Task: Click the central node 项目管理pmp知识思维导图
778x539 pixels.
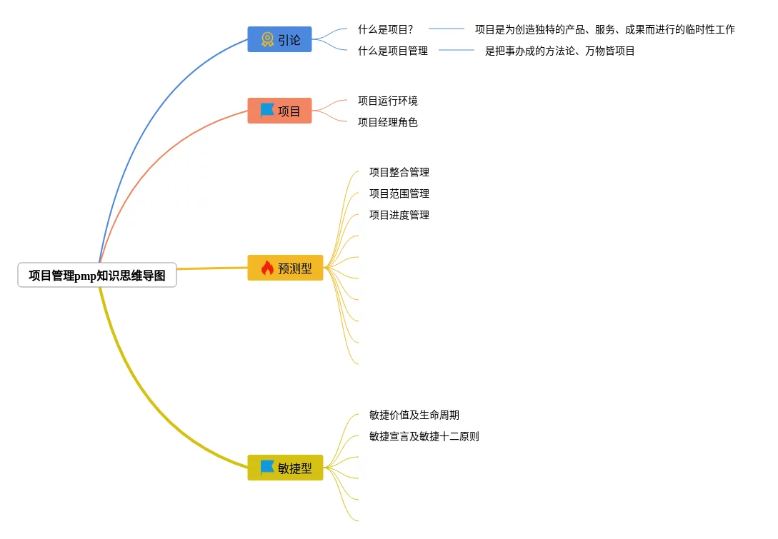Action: point(97,276)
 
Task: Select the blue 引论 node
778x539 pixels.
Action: point(279,39)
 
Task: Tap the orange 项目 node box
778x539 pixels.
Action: point(279,111)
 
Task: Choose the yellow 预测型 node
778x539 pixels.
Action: point(285,268)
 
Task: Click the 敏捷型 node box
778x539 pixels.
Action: point(285,468)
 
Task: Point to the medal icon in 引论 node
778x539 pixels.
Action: point(267,39)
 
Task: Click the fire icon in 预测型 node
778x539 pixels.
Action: point(267,268)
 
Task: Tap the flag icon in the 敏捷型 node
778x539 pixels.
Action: point(267,467)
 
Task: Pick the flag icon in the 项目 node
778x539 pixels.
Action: point(267,110)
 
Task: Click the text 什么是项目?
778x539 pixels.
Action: point(386,29)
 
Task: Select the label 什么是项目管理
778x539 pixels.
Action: point(393,51)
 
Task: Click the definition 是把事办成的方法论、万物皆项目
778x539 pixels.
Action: point(560,51)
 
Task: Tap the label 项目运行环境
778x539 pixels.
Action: point(388,101)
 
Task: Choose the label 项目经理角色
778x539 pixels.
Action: point(388,122)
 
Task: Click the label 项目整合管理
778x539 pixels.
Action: point(399,172)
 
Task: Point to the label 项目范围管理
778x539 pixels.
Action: point(399,193)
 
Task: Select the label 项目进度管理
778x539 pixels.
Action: point(399,215)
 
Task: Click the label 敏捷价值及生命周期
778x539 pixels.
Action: point(414,415)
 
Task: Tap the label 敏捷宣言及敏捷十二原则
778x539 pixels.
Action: point(424,436)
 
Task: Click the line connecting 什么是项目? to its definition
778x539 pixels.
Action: point(447,29)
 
